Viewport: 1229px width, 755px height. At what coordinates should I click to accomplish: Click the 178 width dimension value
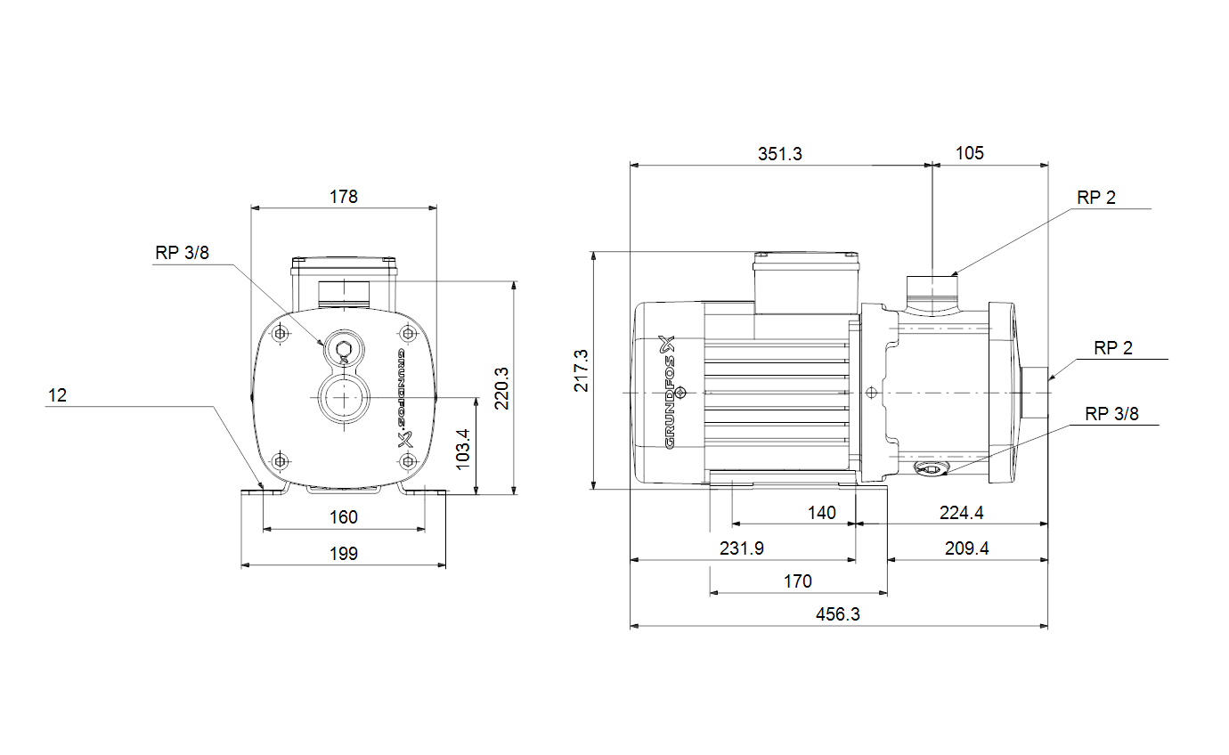344,197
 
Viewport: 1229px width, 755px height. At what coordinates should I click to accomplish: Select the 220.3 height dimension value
501,388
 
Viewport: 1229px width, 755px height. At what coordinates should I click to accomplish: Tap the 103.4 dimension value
462,450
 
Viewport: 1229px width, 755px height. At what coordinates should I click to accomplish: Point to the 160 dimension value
344,517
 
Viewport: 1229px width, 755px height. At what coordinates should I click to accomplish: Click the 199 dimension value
344,553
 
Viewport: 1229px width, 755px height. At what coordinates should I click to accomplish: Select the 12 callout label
58,395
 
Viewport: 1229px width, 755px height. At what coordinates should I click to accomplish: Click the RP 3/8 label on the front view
183,252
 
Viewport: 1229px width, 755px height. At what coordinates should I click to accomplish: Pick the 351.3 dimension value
779,154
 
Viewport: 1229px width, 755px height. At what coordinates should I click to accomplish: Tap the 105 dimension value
970,153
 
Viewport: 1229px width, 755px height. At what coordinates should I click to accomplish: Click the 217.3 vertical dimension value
581,370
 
